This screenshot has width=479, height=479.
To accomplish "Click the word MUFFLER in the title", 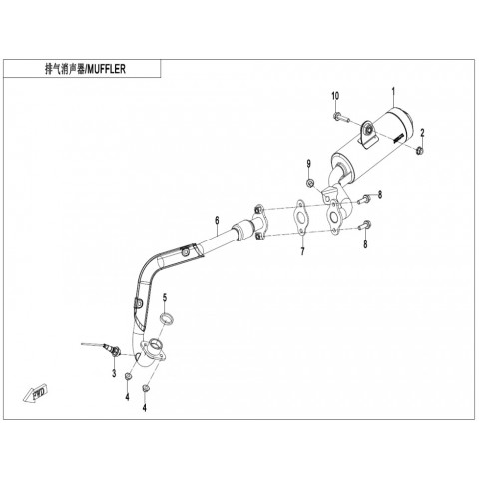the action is click(107, 69).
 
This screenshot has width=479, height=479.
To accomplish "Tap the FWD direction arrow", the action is click(35, 394).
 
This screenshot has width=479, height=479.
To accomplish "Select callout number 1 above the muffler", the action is click(393, 92).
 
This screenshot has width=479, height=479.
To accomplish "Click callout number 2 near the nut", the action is click(422, 133).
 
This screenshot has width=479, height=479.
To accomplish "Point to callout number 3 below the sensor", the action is click(114, 373).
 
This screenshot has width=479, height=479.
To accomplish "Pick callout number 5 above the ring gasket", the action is click(165, 297).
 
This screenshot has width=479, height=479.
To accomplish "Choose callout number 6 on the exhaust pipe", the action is click(217, 220).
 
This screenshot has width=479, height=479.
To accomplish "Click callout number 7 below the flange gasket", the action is click(302, 252).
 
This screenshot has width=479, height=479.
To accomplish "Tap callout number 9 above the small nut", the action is click(309, 164).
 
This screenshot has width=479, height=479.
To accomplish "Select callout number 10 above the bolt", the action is click(335, 96).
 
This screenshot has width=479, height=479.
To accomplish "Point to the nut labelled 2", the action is click(419, 151).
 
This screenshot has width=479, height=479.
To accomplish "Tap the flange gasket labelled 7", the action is click(301, 218).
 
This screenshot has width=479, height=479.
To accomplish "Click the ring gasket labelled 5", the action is click(167, 318).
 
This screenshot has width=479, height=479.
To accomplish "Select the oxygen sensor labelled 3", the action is click(101, 348).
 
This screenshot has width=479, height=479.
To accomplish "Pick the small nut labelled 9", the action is click(309, 183).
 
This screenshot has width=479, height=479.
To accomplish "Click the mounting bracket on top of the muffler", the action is click(368, 133).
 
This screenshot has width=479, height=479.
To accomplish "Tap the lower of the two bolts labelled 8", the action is click(364, 225).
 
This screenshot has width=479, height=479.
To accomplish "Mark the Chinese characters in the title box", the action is click(65, 69).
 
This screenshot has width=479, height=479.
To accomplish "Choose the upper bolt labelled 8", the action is click(364, 199).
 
